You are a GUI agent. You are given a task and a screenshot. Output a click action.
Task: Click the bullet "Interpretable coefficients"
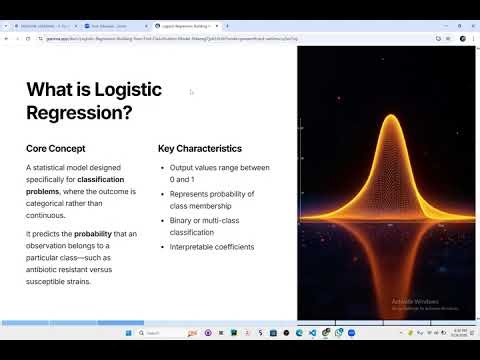(212, 247)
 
